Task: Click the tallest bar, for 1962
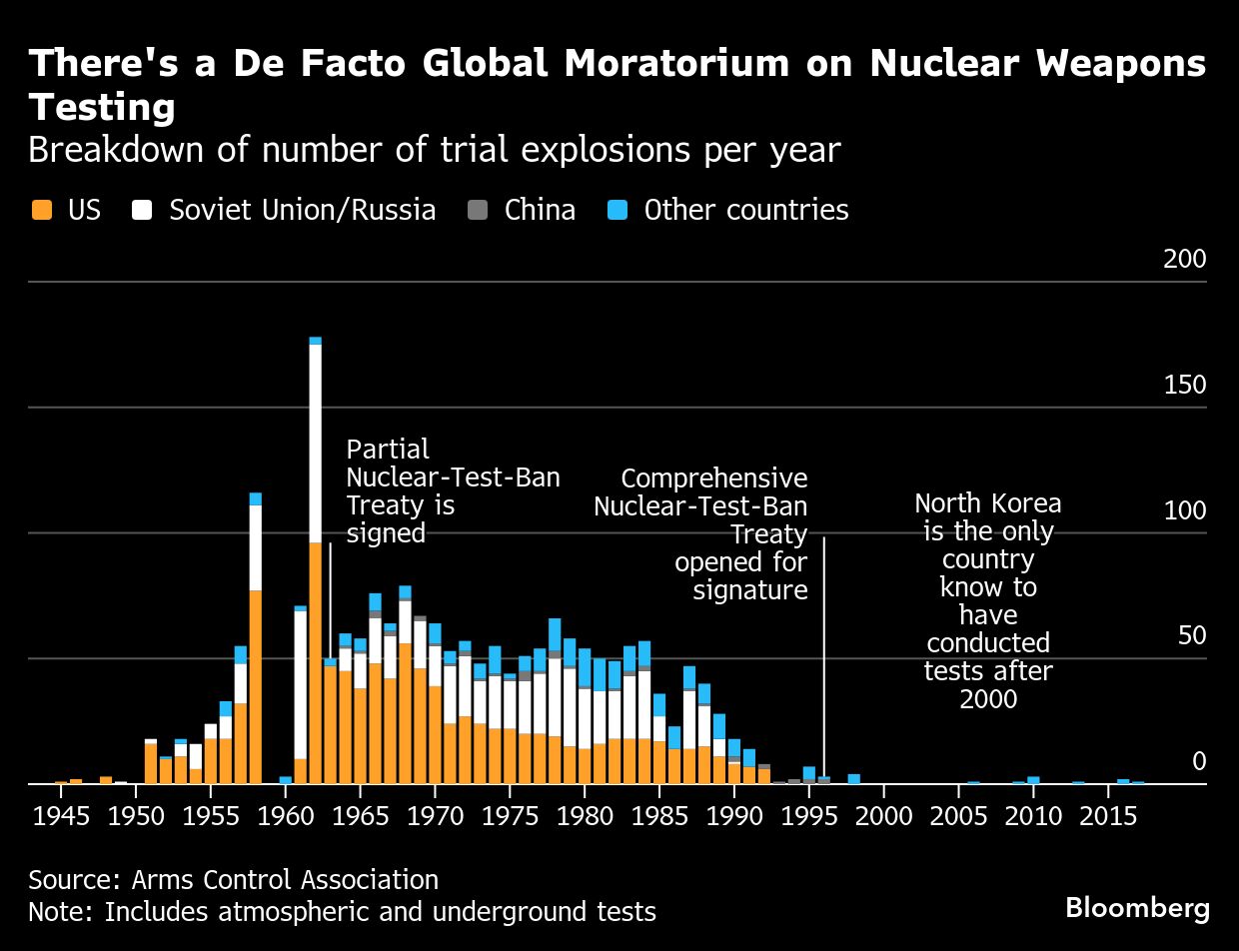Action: (315, 559)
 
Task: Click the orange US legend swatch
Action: (41, 210)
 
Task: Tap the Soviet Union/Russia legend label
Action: (302, 210)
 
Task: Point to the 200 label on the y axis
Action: (1185, 260)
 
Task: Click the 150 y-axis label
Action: (1185, 386)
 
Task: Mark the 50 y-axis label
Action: (1191, 636)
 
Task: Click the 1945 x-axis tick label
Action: (61, 818)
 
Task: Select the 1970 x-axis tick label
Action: (435, 818)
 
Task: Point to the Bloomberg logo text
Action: (1137, 908)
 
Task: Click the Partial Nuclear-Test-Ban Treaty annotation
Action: (452, 490)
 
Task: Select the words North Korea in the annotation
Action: (987, 503)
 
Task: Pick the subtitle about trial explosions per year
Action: (434, 151)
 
